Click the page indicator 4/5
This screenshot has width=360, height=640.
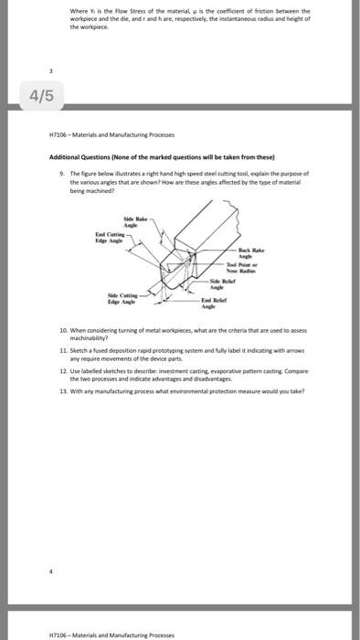27,95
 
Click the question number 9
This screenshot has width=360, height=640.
59,172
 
